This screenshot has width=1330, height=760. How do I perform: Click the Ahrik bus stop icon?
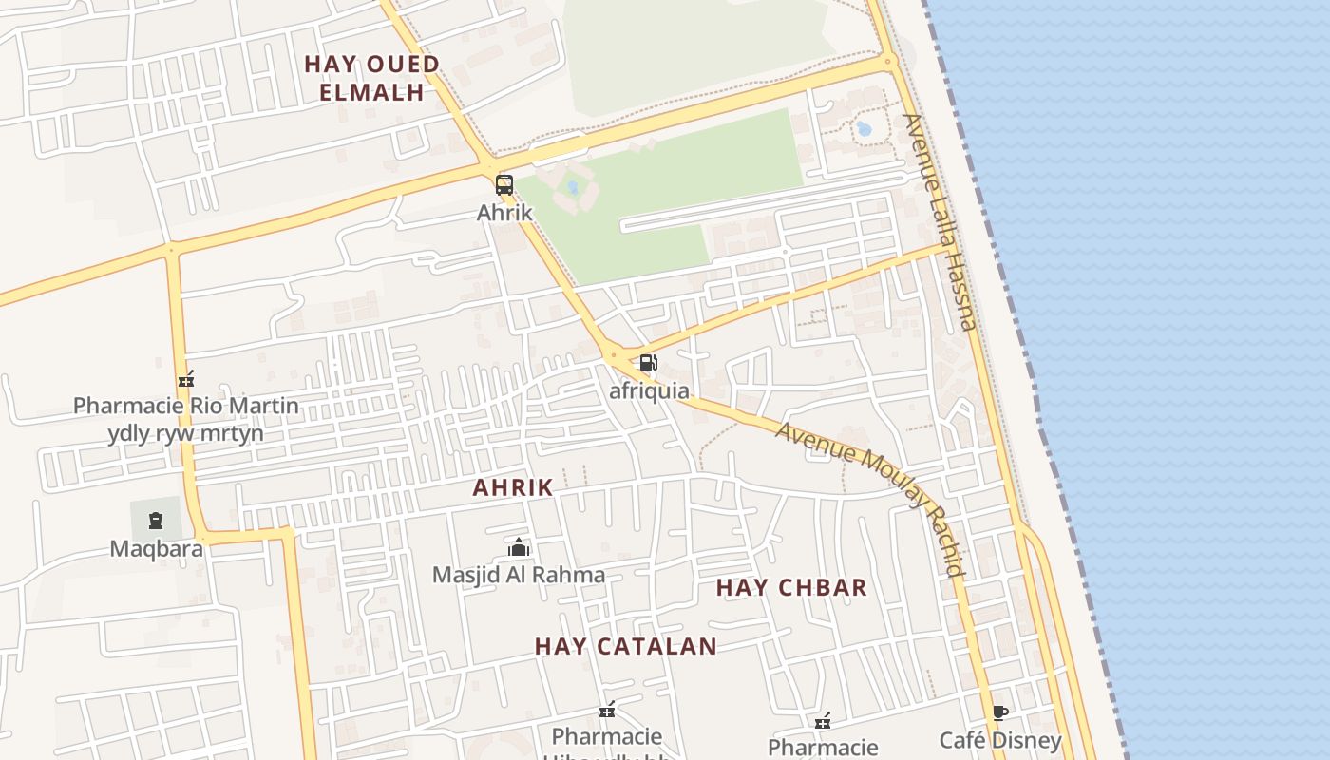504,185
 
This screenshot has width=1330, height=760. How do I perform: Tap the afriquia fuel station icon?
648,362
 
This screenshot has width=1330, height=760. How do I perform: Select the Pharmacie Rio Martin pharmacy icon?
186,379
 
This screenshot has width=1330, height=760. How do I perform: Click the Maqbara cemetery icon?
156,520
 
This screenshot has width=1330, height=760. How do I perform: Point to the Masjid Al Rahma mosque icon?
519,547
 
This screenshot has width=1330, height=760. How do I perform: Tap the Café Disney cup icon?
999,712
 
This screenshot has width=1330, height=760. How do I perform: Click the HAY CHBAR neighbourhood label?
791,587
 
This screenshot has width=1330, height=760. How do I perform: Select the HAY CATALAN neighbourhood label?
625,646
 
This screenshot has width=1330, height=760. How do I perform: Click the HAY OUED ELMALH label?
371,78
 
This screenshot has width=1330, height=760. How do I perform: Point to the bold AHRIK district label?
513,487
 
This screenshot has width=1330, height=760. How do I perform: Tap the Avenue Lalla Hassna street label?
940,222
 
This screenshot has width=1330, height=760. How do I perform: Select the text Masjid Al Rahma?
519,575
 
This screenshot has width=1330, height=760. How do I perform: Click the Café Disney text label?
1000,740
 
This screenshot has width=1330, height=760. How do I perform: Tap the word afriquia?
650,390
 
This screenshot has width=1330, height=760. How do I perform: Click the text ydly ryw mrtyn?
186,434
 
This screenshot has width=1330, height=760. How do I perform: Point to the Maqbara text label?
157,548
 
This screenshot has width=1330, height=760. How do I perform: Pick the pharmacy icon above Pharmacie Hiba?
607,710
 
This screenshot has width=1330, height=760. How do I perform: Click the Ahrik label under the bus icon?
504,213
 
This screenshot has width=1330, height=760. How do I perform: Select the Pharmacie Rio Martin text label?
186,407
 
